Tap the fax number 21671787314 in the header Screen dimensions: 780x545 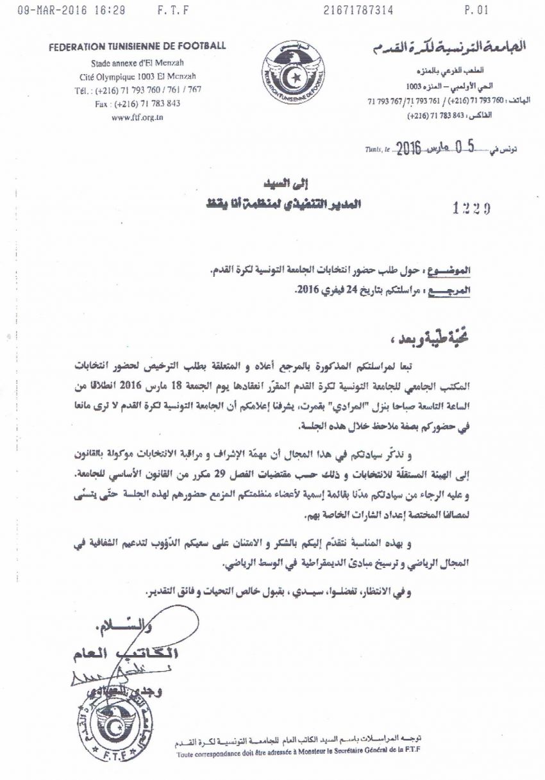pyautogui.click(x=359, y=10)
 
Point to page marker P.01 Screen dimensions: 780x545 pyautogui.click(x=476, y=10)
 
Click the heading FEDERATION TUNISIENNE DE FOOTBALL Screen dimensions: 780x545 pyautogui.click(x=138, y=46)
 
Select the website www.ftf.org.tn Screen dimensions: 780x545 pyautogui.click(x=137, y=117)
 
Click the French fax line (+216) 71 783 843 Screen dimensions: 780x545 pyautogui.click(x=137, y=103)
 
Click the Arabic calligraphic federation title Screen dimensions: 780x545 pyautogui.click(x=448, y=46)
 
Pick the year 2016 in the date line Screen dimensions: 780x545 pyautogui.click(x=408, y=149)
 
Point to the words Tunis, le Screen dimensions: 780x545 pyautogui.click(x=378, y=150)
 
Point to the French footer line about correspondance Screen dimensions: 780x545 pyautogui.click(x=299, y=755)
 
